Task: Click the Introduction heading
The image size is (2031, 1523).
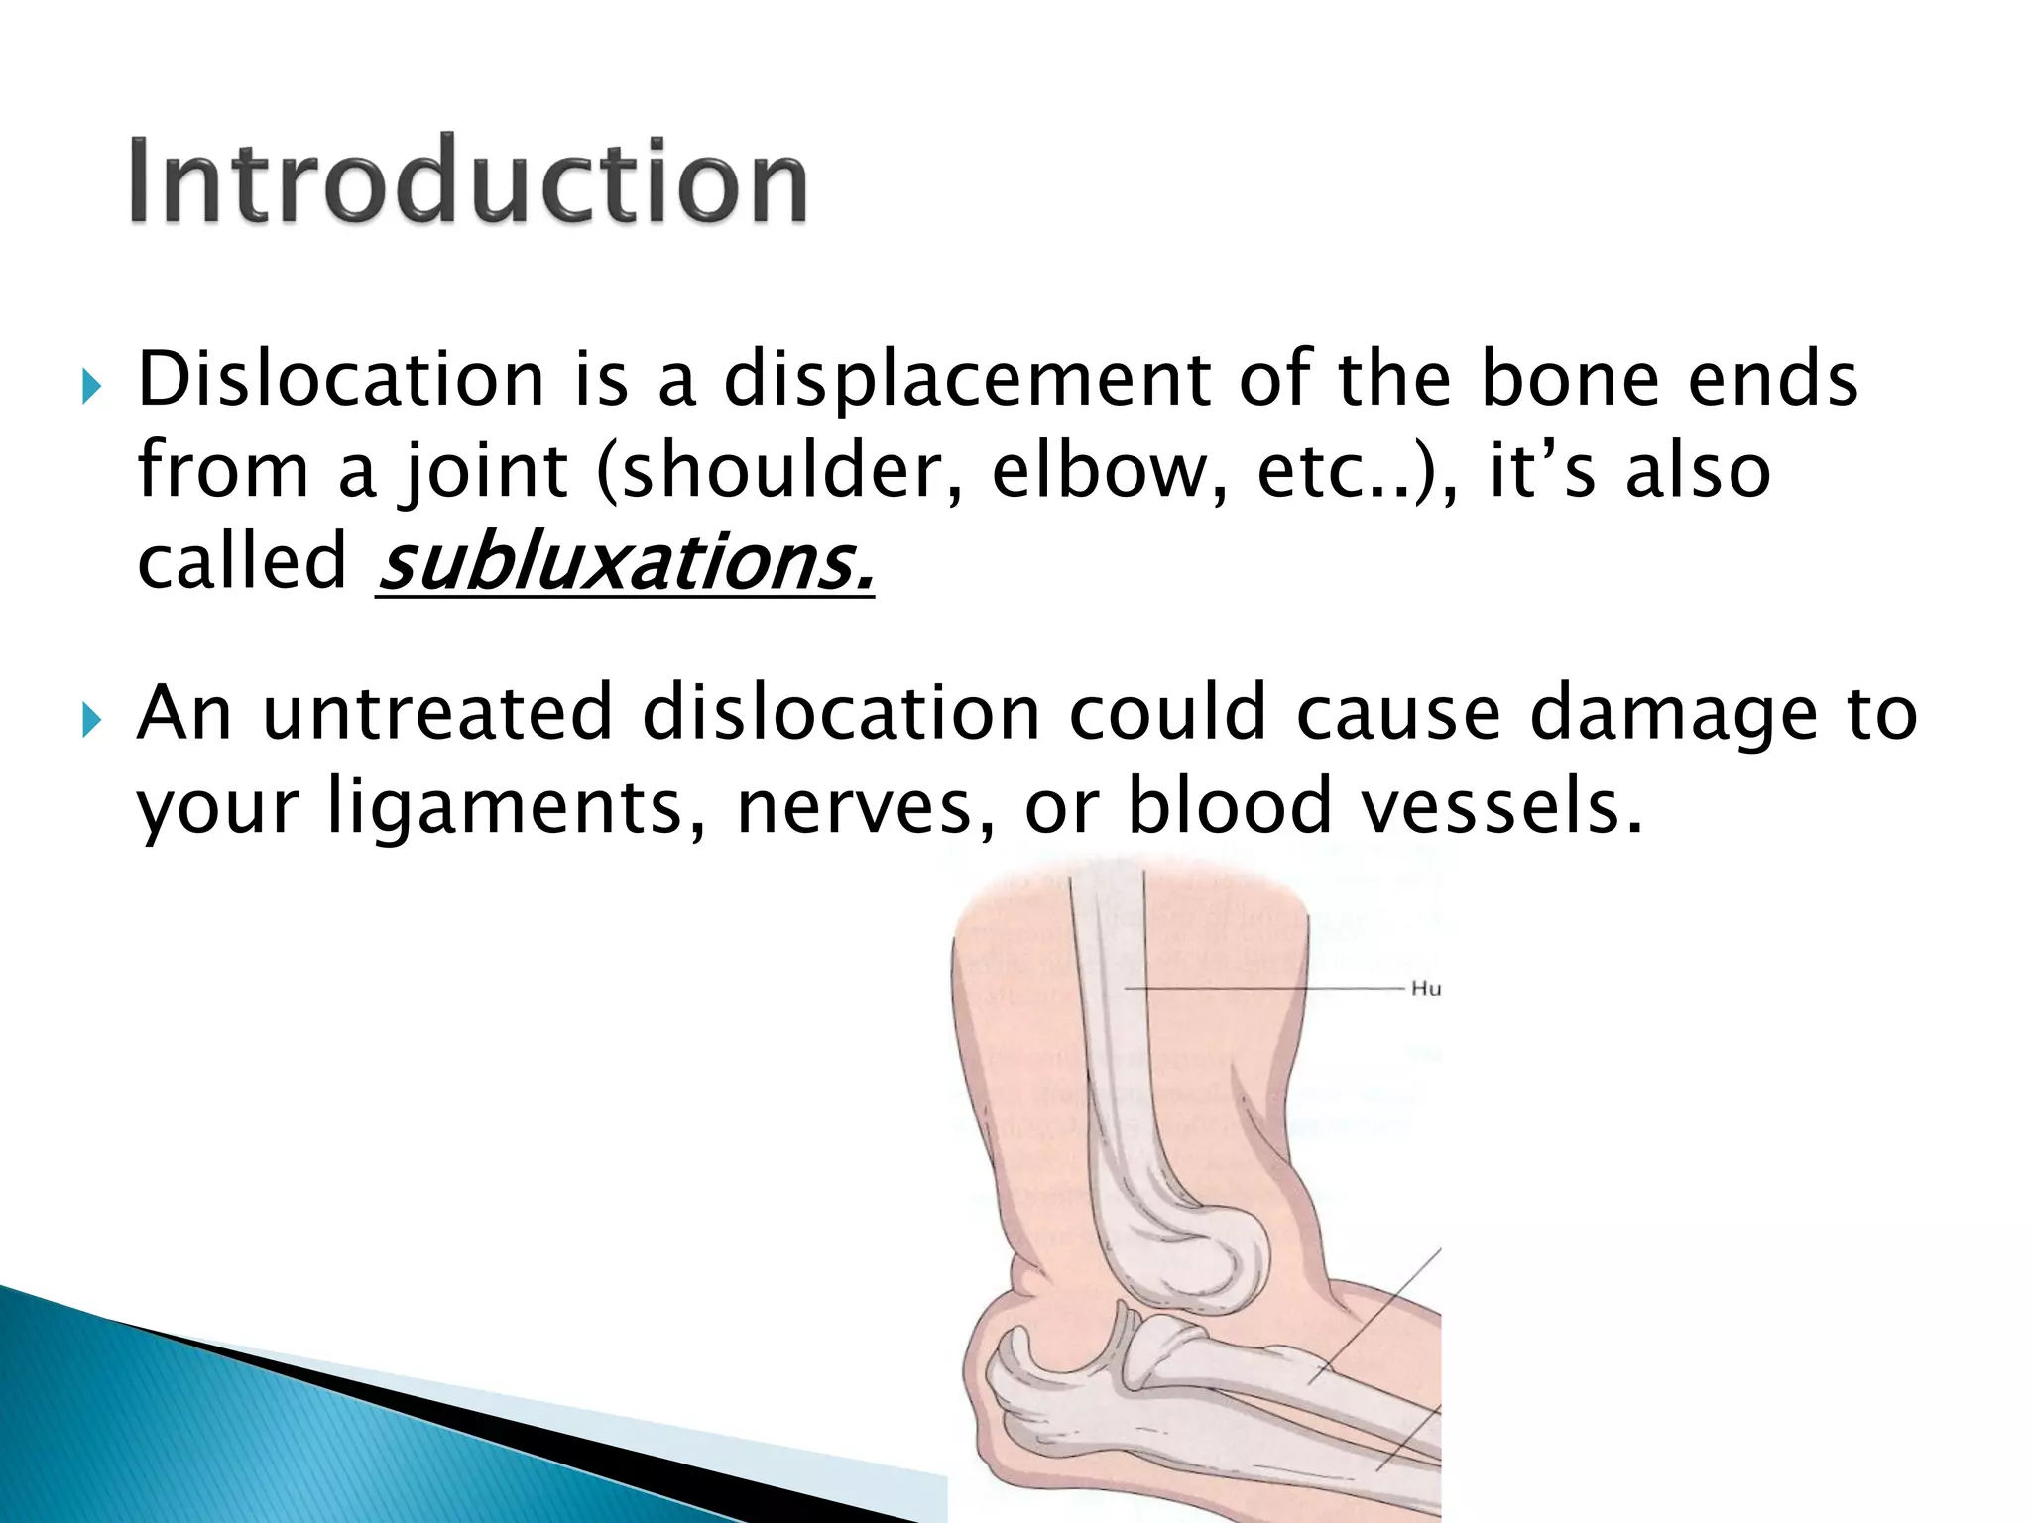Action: [468, 180]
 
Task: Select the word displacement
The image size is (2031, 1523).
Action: [967, 381]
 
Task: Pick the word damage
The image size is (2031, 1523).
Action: [1674, 714]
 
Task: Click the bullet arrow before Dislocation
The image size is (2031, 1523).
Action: [91, 386]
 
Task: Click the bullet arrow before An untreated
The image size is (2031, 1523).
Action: [91, 719]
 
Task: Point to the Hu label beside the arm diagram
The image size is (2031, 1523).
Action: [1425, 989]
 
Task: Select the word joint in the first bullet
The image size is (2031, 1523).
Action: [484, 472]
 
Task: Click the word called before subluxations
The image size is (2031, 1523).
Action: [241, 561]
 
